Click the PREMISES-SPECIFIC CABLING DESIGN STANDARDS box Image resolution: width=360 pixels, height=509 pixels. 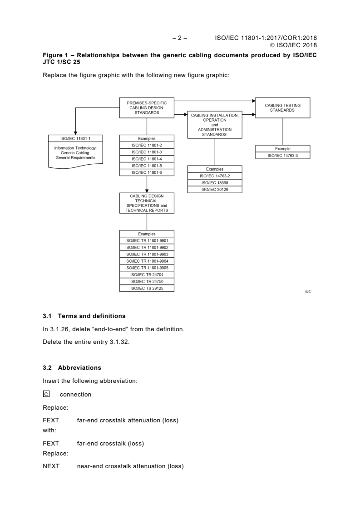147,108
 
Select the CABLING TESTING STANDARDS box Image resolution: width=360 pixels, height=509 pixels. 282,108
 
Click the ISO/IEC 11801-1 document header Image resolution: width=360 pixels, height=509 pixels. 76,138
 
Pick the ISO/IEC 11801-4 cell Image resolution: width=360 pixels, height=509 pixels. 147,159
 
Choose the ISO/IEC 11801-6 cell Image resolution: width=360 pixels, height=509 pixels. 147,172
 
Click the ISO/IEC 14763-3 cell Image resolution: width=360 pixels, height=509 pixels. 282,156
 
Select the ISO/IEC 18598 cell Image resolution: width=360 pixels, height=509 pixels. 215,183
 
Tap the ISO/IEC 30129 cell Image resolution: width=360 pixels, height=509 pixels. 215,190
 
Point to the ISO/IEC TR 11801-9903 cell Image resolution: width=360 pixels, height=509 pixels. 147,254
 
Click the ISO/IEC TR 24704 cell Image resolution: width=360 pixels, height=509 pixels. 147,274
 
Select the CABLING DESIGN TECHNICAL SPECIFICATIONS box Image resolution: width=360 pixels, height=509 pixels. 147,203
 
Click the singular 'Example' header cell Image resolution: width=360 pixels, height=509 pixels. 282,148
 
